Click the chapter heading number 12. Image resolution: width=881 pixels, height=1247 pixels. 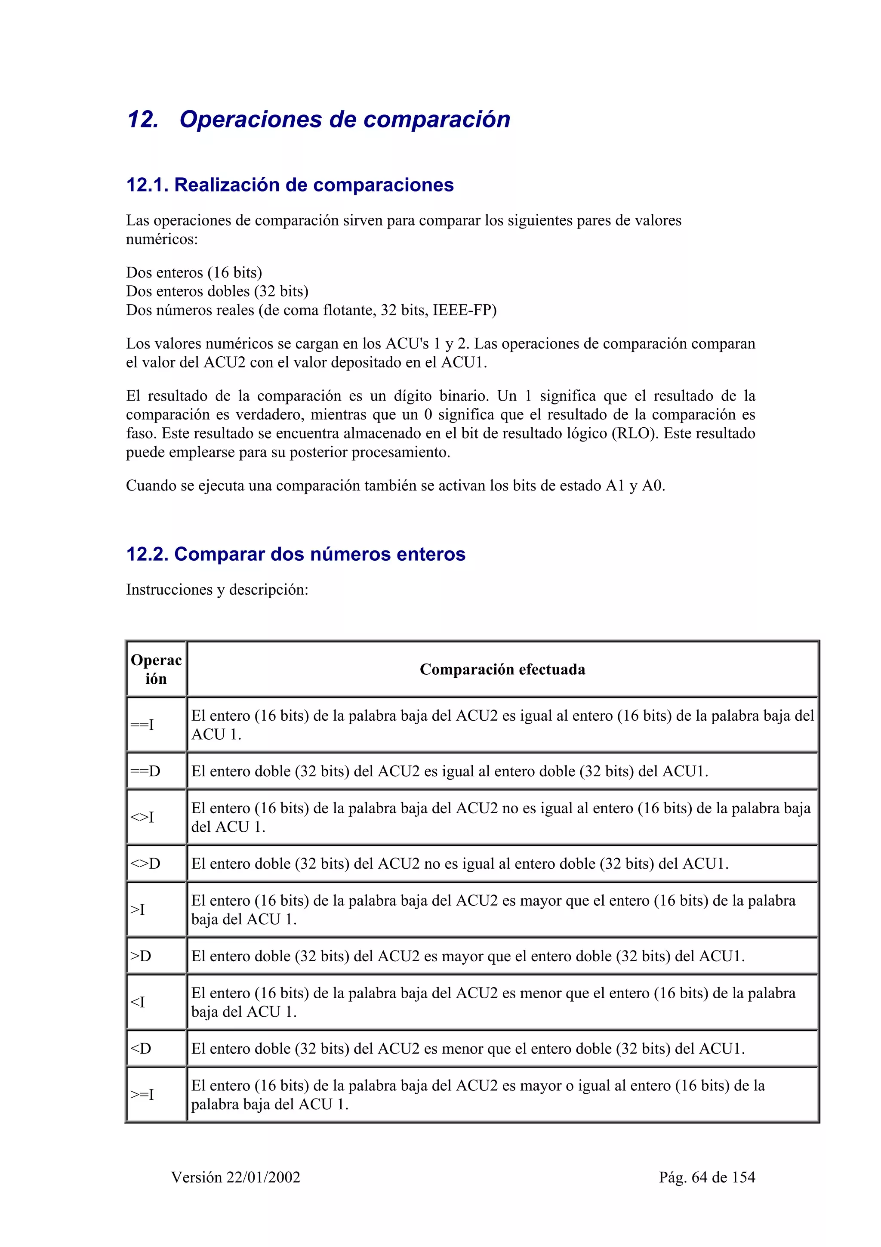pyautogui.click(x=142, y=120)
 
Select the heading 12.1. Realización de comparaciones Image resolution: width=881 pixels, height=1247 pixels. pyautogui.click(x=290, y=185)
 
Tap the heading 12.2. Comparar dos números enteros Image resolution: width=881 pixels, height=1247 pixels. pyautogui.click(x=296, y=555)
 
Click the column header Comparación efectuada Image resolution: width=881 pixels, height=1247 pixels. pyautogui.click(x=502, y=670)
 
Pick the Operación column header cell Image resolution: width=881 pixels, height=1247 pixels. pyautogui.click(x=156, y=670)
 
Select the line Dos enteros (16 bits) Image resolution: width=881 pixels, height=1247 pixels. pyautogui.click(x=194, y=273)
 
